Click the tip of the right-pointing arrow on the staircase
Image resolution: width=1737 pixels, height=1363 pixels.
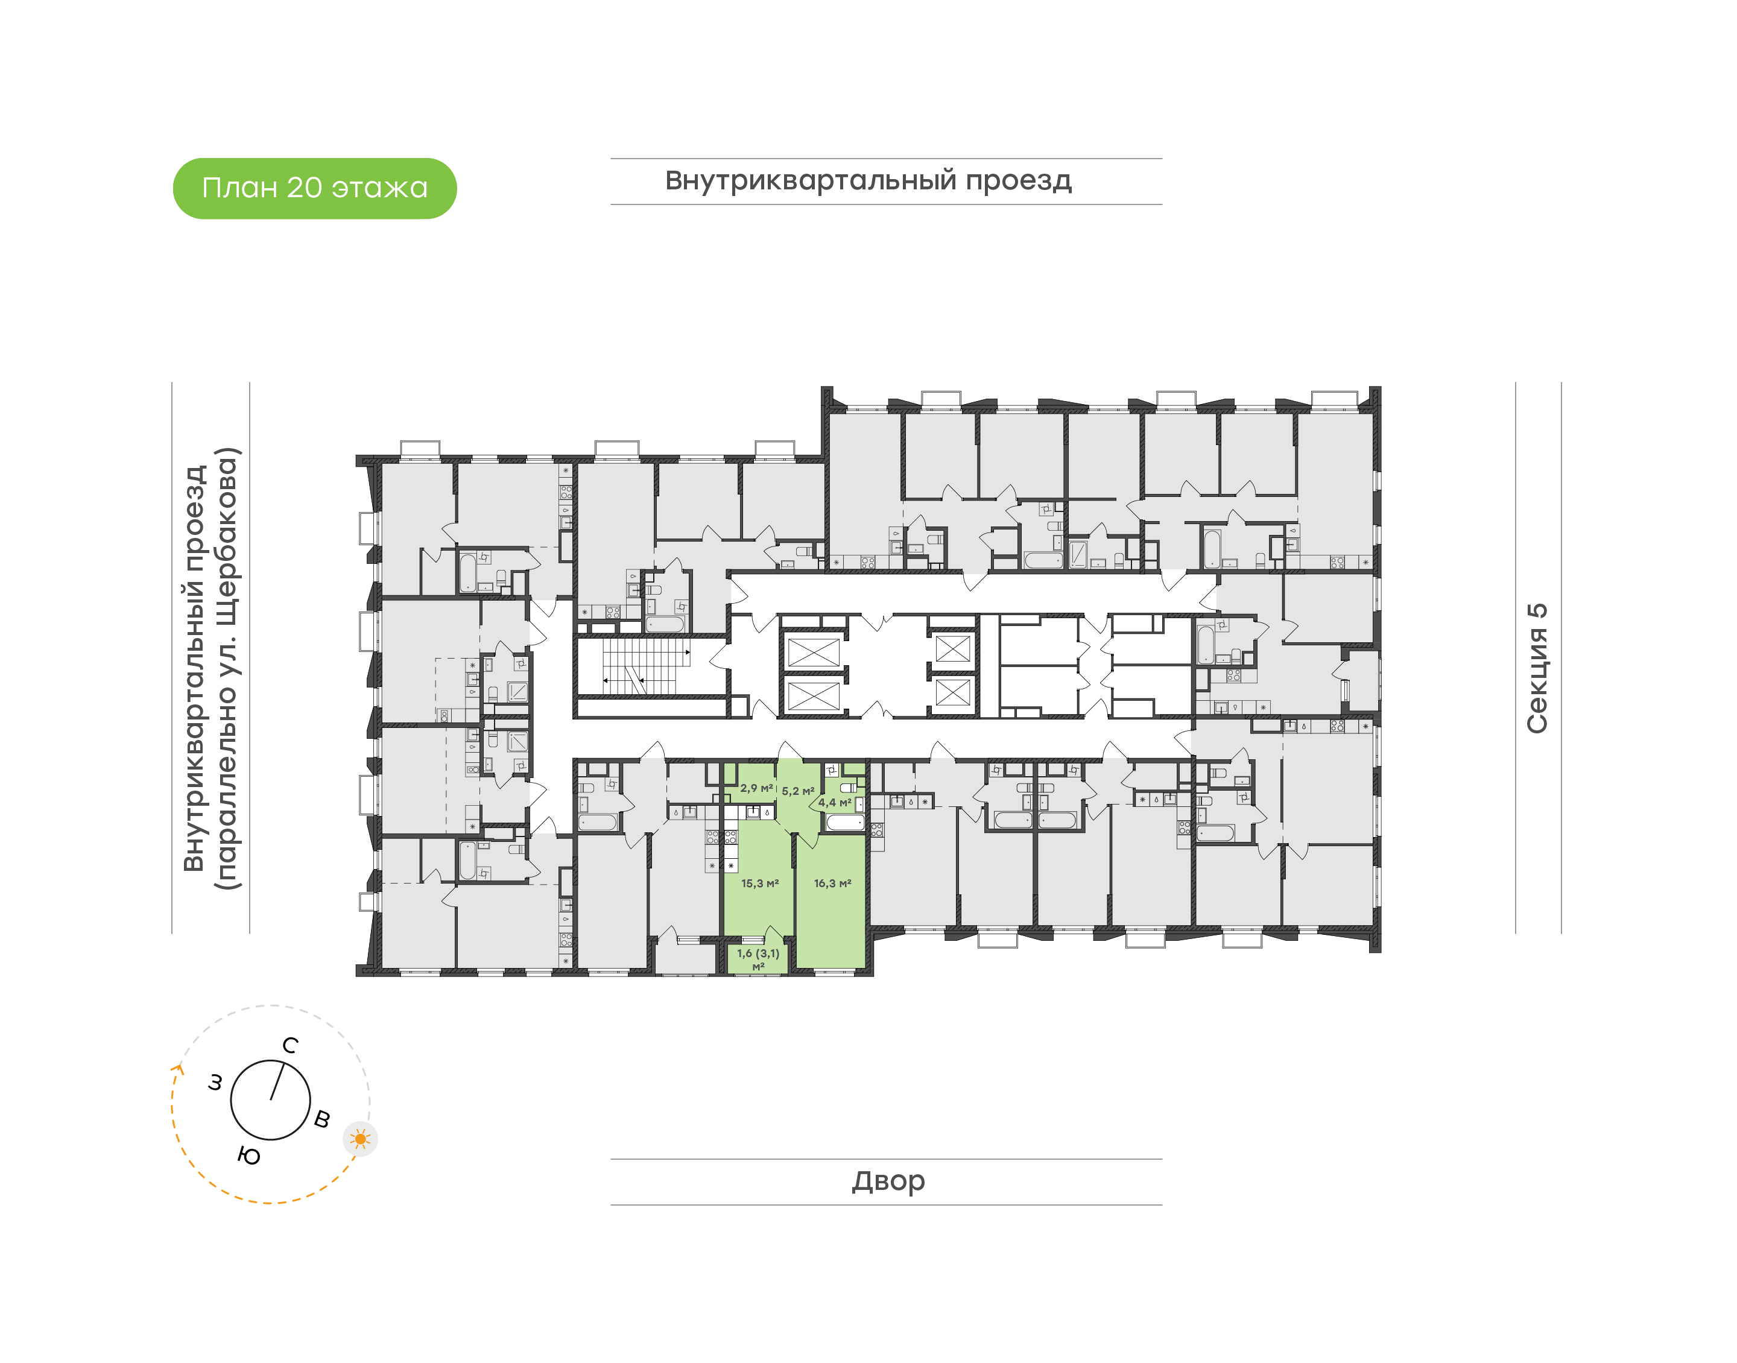click(690, 652)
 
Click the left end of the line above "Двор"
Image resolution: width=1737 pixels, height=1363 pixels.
click(611, 1159)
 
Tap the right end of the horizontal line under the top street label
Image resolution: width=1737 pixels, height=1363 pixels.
click(1162, 204)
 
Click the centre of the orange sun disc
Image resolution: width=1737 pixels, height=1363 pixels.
click(361, 1139)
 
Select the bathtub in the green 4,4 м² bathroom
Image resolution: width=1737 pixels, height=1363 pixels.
click(845, 822)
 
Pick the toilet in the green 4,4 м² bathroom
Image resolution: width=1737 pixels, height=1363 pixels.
click(847, 788)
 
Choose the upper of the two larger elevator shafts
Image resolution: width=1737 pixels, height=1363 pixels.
click(813, 651)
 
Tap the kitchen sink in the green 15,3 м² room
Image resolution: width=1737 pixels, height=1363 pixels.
click(753, 812)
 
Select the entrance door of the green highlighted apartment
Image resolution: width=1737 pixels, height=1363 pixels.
click(790, 750)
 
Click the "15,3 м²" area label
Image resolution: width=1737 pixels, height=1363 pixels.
click(759, 884)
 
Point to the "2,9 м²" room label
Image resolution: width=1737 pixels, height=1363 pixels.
click(756, 788)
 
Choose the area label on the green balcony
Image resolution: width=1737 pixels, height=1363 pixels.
click(758, 958)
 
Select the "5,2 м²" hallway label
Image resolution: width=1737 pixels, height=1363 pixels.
click(798, 791)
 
